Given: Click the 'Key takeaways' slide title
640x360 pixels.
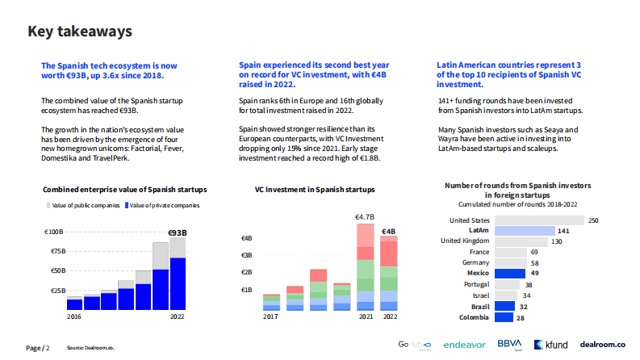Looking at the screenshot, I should click(80, 31).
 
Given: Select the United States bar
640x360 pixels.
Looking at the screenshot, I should click(538, 220).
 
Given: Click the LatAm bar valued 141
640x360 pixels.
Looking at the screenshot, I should click(523, 230).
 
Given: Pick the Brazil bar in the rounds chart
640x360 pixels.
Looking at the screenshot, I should click(504, 307).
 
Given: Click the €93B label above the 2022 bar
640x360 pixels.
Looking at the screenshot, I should click(177, 233).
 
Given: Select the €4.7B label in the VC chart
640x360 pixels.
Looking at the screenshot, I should click(365, 216).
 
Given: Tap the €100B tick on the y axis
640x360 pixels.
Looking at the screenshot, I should click(53, 232).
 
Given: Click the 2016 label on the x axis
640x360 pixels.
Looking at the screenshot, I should click(73, 317).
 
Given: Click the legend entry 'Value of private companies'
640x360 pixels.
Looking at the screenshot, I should click(164, 206).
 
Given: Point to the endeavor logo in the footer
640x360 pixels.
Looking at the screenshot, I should click(465, 345).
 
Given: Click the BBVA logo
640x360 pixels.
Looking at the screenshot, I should click(509, 344).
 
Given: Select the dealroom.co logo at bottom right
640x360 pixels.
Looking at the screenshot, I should click(603, 345).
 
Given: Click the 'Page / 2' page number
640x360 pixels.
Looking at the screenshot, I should click(38, 348).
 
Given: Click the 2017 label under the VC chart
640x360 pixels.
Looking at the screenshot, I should click(272, 317).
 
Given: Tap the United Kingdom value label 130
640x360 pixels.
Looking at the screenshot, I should click(557, 241).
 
